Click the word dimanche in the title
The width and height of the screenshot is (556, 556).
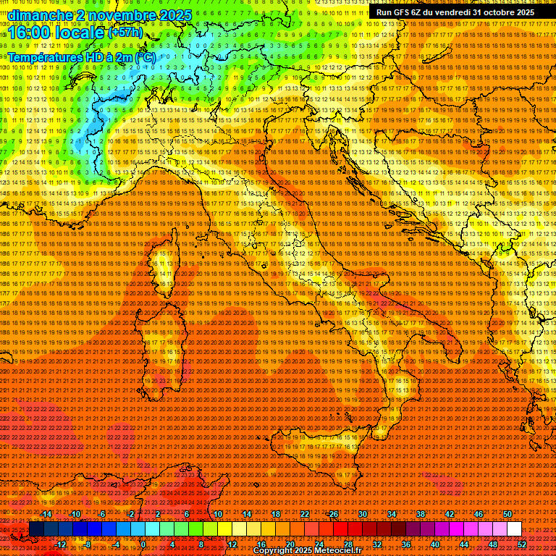pyautogui.click(x=41, y=15)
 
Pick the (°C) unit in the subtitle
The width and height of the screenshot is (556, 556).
pyautogui.click(x=143, y=56)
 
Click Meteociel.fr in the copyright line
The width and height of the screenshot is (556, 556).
pyautogui.click(x=344, y=551)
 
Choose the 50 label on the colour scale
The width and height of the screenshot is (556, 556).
pyautogui.click(x=507, y=514)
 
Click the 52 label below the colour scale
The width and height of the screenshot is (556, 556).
pyautogui.click(x=522, y=544)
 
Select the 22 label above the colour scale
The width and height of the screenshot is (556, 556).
pyautogui.click(x=305, y=514)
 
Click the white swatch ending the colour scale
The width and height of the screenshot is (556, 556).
pyautogui.click(x=515, y=529)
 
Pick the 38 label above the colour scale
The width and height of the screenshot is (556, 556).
pyautogui.click(x=421, y=514)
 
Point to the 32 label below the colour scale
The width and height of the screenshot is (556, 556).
pyautogui.click(x=377, y=544)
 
